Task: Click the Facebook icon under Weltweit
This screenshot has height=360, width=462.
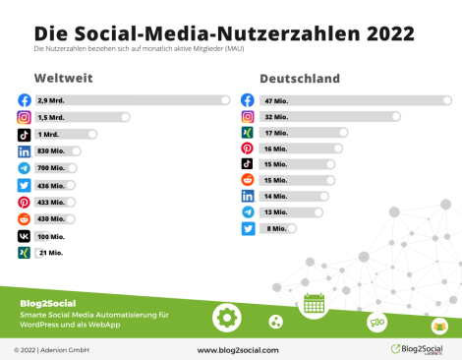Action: coord(24,99)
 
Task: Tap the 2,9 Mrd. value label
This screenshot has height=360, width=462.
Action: coord(50,99)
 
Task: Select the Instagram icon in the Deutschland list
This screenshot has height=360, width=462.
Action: coord(248,116)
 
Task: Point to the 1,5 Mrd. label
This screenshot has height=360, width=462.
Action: coord(50,117)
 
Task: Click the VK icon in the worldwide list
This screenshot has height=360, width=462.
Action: coord(24,236)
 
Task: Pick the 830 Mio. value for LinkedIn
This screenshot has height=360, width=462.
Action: coord(51,150)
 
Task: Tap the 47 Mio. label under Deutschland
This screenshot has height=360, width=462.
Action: coord(275,99)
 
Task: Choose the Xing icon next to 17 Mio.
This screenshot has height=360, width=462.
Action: coord(248,132)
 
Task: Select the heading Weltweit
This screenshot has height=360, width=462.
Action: coord(62,78)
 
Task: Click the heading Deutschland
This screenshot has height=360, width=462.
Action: coord(300,78)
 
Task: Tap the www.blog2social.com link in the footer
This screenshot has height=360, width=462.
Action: coord(238,349)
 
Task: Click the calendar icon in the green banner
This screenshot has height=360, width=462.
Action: coord(314,303)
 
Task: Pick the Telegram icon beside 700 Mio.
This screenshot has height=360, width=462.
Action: coord(24,168)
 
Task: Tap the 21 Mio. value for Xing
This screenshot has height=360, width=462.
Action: coord(50,253)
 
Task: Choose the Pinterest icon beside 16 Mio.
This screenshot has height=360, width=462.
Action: coord(248,148)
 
